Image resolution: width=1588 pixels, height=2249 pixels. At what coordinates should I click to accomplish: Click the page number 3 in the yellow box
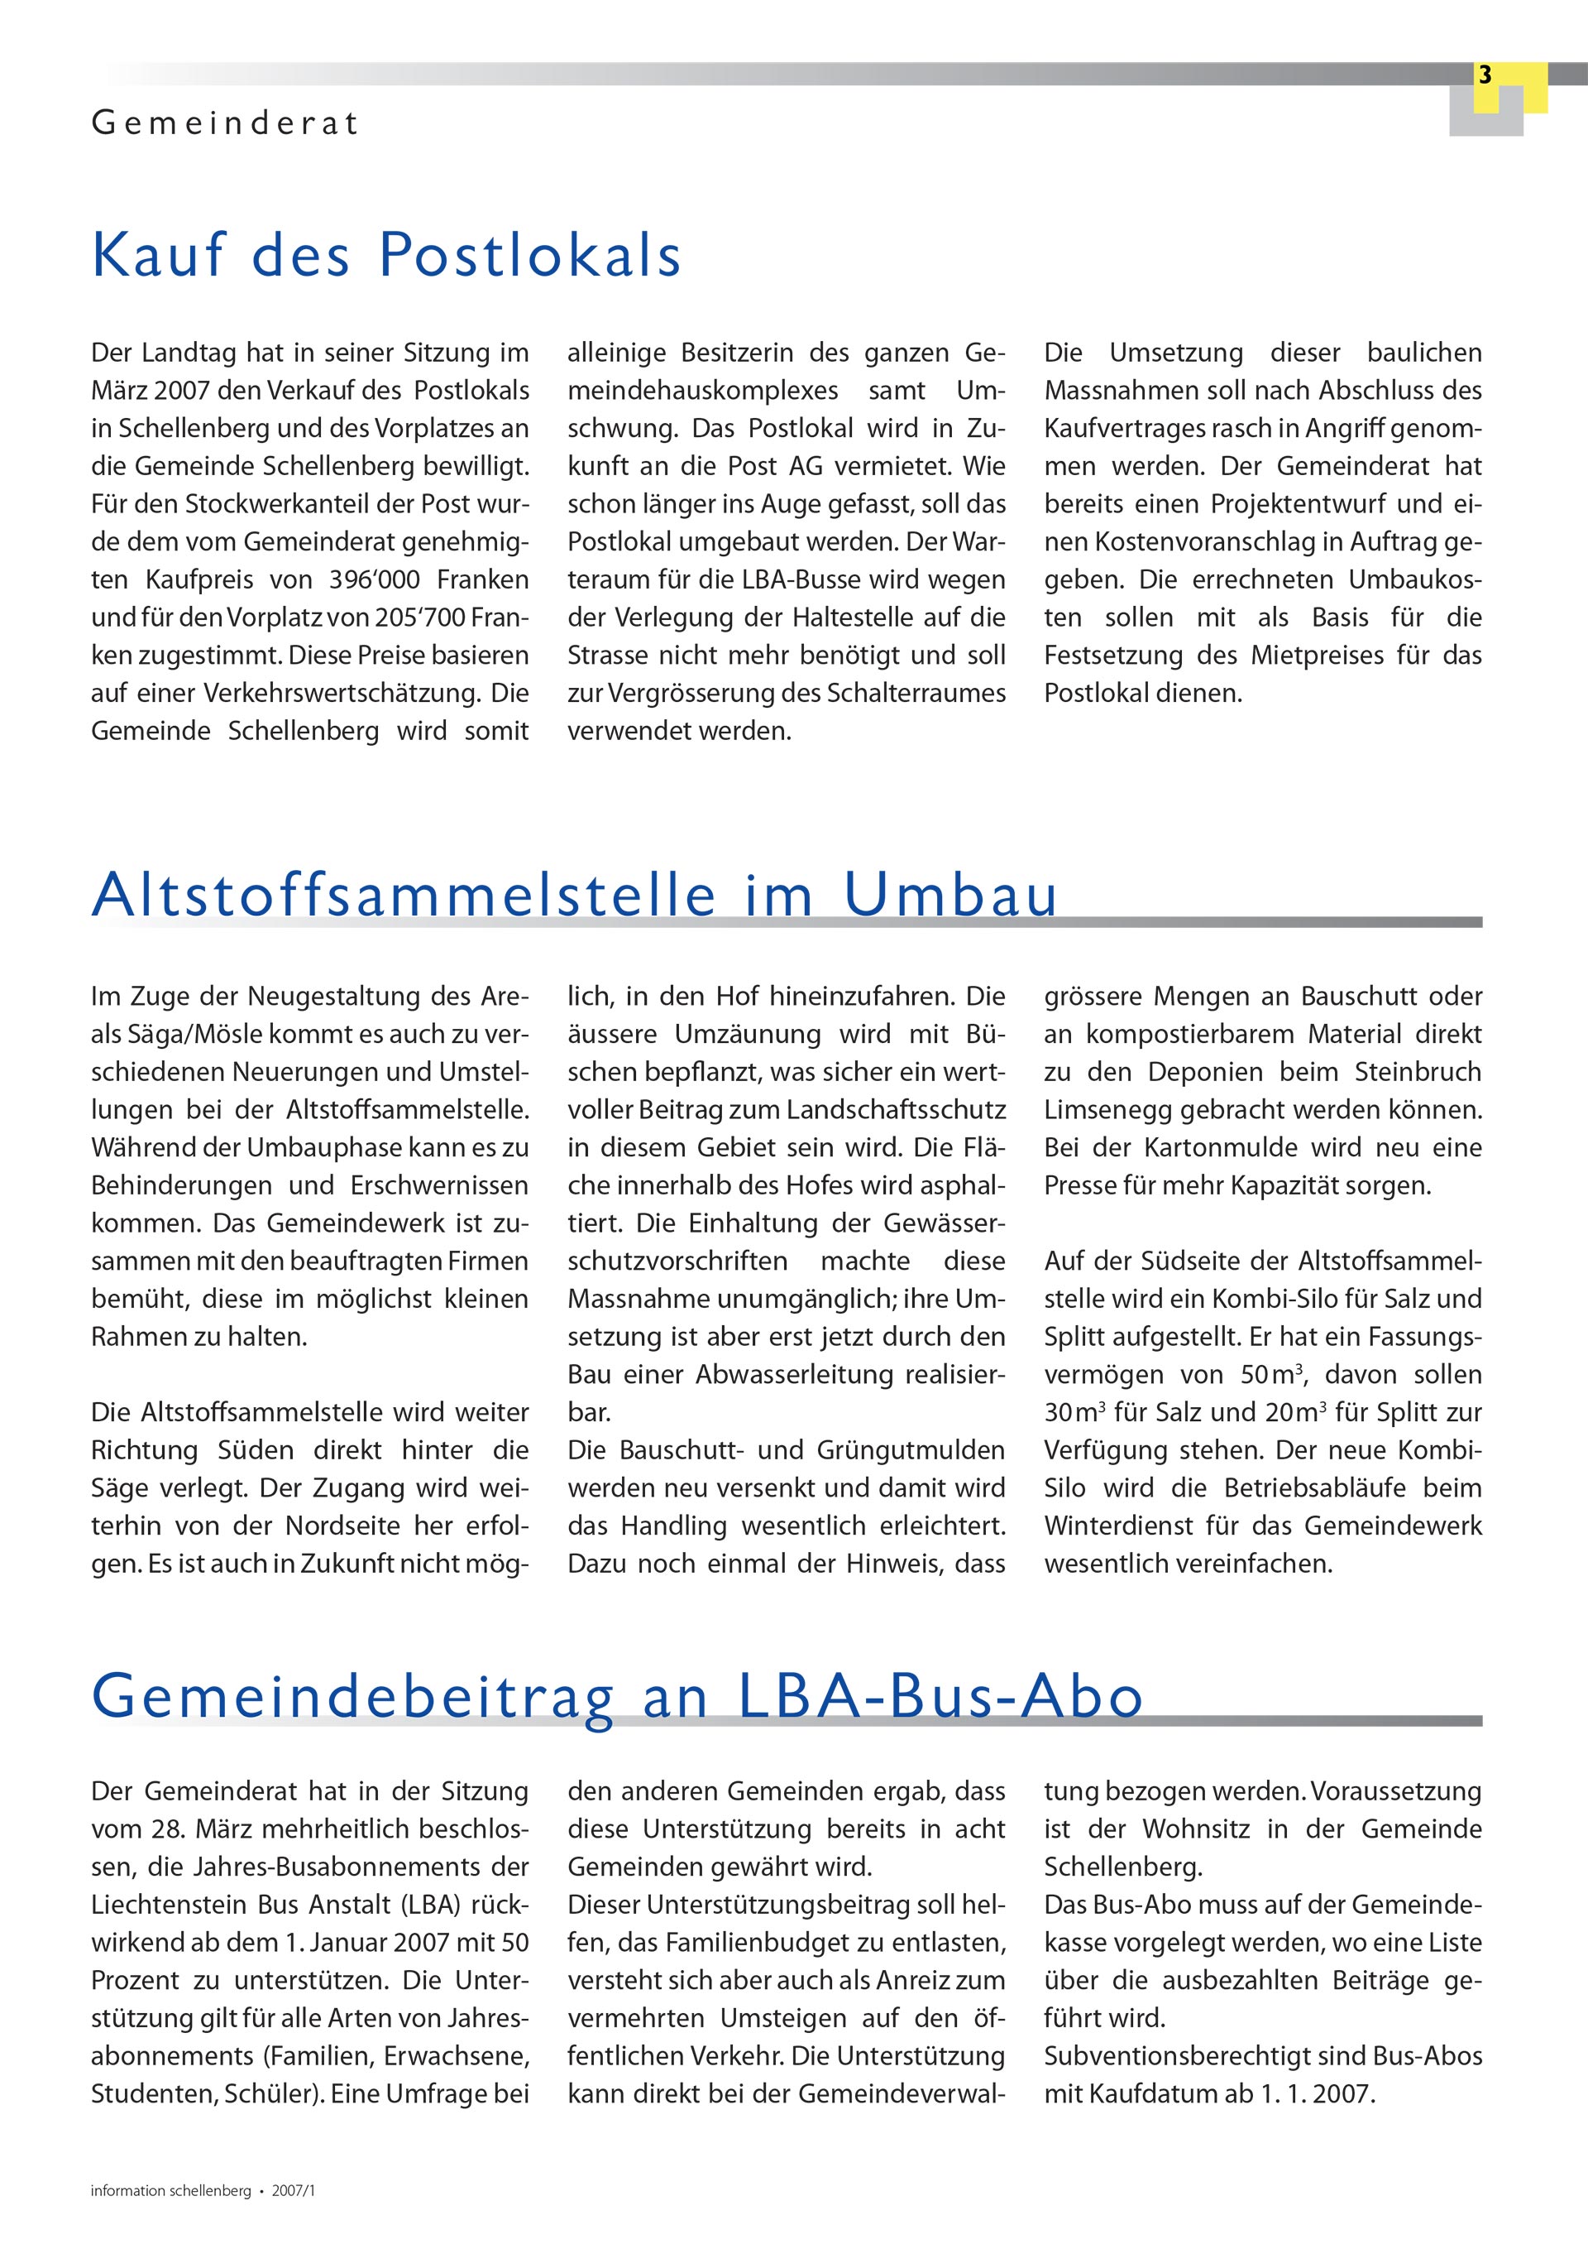[1485, 75]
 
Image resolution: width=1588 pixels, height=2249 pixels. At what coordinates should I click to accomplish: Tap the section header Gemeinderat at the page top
[225, 124]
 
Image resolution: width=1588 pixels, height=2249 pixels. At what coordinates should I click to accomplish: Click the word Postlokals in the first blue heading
[529, 256]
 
